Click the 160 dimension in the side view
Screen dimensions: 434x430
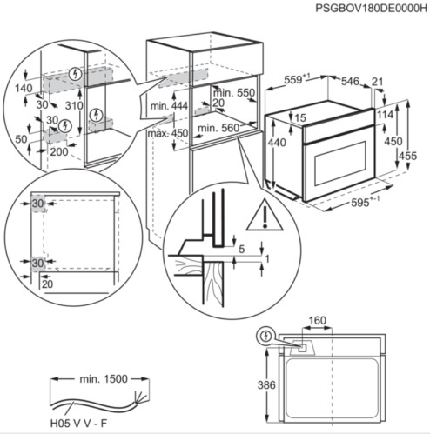(318, 320)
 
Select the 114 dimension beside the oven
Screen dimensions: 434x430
(384, 114)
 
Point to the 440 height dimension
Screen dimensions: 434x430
(276, 143)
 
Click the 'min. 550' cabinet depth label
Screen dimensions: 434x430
(232, 92)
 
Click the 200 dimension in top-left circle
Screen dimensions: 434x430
(58, 151)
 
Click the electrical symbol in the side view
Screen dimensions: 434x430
(265, 336)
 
